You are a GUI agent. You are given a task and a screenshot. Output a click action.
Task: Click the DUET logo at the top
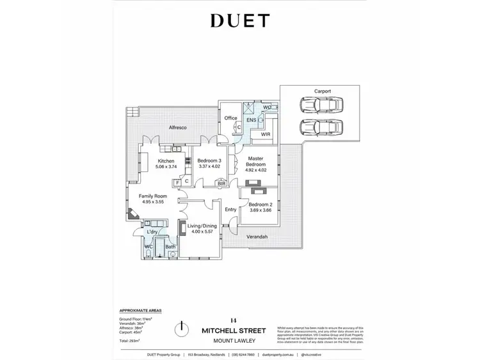coord(239,20)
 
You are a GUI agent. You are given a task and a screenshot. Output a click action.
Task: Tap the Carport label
coord(323,91)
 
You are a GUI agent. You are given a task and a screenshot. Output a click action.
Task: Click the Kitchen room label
coord(166,160)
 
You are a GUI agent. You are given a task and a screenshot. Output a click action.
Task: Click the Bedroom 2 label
coord(260,205)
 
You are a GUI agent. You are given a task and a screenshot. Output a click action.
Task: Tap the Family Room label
coord(152,196)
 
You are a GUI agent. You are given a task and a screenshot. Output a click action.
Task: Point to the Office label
coord(230,118)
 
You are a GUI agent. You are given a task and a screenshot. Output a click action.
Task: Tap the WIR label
coord(266,135)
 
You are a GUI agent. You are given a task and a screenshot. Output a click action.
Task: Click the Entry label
coord(230,209)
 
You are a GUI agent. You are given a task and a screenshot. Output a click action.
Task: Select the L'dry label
coord(152,231)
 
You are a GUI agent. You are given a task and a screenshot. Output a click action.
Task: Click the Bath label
coord(170,246)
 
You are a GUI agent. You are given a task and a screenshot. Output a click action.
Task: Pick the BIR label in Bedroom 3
coord(221,184)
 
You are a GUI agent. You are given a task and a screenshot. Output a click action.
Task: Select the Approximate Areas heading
coord(136,309)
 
